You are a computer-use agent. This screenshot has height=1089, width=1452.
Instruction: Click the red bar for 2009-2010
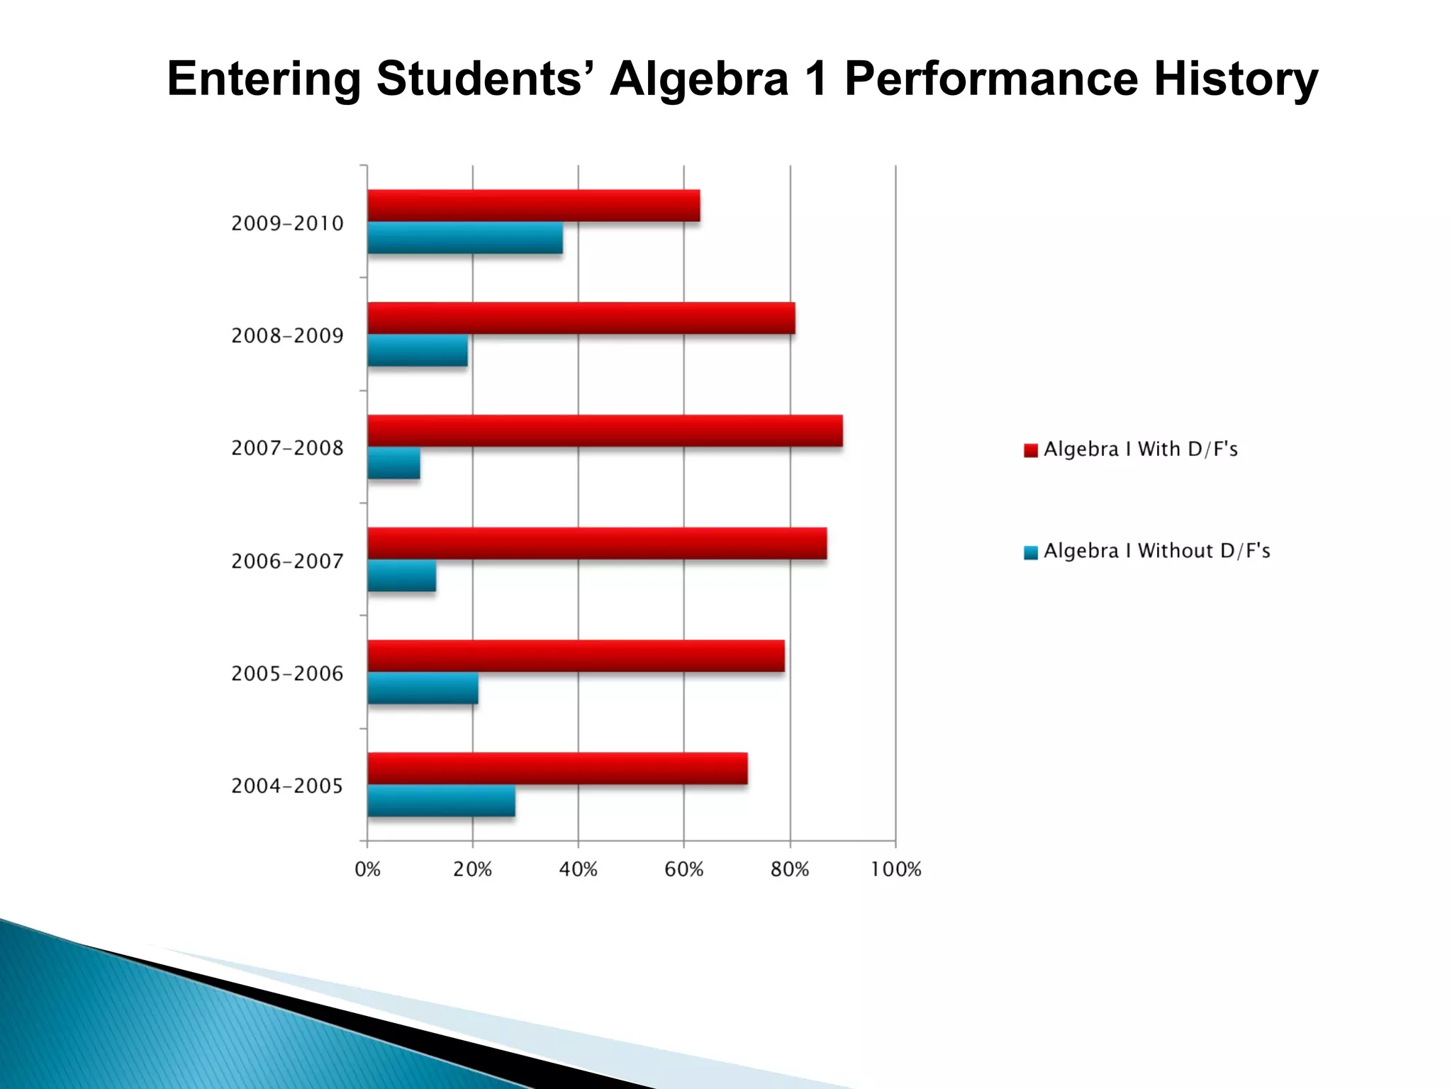point(533,206)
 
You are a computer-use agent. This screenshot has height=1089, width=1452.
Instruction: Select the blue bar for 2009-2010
point(465,238)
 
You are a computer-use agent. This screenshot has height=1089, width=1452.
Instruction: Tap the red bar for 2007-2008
point(605,431)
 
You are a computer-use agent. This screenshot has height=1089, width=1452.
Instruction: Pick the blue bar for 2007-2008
point(393,464)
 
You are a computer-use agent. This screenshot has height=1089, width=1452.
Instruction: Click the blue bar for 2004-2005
point(441,801)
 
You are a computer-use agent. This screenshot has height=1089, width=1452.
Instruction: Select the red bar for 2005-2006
point(576,656)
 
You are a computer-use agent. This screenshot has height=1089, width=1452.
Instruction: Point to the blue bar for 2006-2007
point(401,576)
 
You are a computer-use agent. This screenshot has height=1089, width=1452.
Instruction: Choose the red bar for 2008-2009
point(581,318)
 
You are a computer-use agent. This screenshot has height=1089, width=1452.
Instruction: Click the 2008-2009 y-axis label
point(287,335)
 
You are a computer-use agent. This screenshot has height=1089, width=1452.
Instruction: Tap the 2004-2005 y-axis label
point(287,786)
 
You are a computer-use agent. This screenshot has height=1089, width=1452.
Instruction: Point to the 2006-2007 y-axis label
point(287,561)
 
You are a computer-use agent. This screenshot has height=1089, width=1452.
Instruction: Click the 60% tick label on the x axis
point(683,869)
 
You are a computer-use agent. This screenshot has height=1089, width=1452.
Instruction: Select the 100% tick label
point(895,869)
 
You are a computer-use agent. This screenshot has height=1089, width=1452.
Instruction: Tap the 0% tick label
point(367,869)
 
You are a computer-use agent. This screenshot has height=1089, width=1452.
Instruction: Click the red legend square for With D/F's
point(1031,450)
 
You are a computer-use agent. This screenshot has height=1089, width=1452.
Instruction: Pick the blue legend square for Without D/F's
point(1031,552)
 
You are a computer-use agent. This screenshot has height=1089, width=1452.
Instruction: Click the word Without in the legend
point(1175,551)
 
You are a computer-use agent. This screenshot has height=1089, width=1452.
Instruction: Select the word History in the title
point(1236,79)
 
